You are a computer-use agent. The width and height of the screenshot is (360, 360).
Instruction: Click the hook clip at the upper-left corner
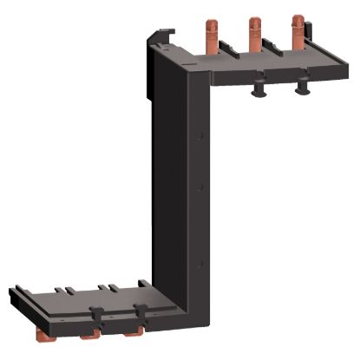point(158,37)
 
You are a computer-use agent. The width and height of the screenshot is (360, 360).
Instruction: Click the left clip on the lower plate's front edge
point(98,313)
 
